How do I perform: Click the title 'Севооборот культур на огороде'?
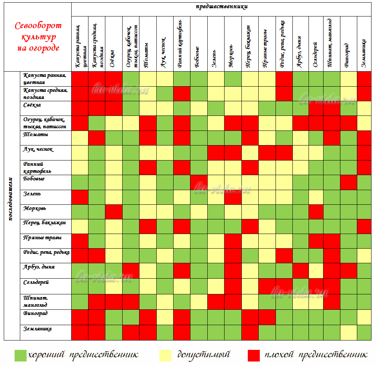pyautogui.click(x=38, y=37)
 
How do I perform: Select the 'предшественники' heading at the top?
pyautogui.click(x=222, y=6)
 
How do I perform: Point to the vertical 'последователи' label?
pyautogui.click(x=11, y=199)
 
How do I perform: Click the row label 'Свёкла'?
pyautogui.click(x=31, y=105)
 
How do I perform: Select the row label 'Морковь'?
pyautogui.click(x=34, y=208)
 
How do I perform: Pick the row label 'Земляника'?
pyautogui.click(x=37, y=329)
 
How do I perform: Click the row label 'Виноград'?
pyautogui.click(x=36, y=313)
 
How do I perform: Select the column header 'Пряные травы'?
pyautogui.click(x=265, y=48)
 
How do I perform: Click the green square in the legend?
pyautogui.click(x=20, y=355)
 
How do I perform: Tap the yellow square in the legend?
pyautogui.click(x=165, y=355)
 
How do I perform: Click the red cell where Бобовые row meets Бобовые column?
pyautogui.click(x=199, y=183)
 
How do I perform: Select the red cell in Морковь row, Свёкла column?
pyautogui.click(x=114, y=212)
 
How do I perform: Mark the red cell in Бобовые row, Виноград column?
pyautogui.click(x=349, y=183)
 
